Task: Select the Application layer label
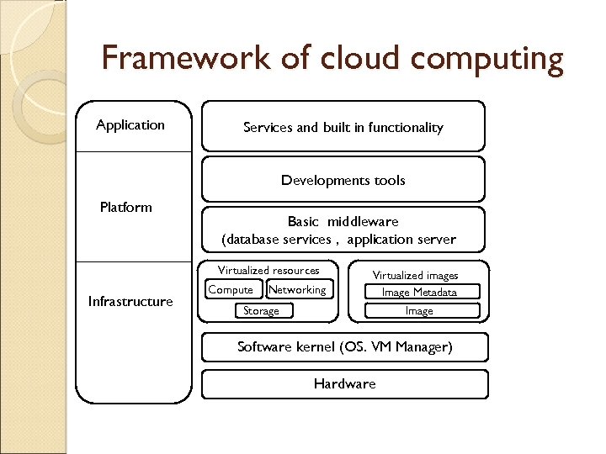(130, 125)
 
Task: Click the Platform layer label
(125, 207)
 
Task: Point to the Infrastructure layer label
(130, 302)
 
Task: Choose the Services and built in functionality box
(343, 127)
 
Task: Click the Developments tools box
(343, 180)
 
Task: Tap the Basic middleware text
(343, 222)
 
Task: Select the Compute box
(231, 290)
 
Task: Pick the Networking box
(298, 290)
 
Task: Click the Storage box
(261, 311)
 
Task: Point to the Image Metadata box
(419, 293)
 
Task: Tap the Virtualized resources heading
(268, 271)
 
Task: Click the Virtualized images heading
(416, 276)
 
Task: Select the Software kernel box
(344, 347)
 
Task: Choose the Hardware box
(344, 384)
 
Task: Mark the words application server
(401, 240)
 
